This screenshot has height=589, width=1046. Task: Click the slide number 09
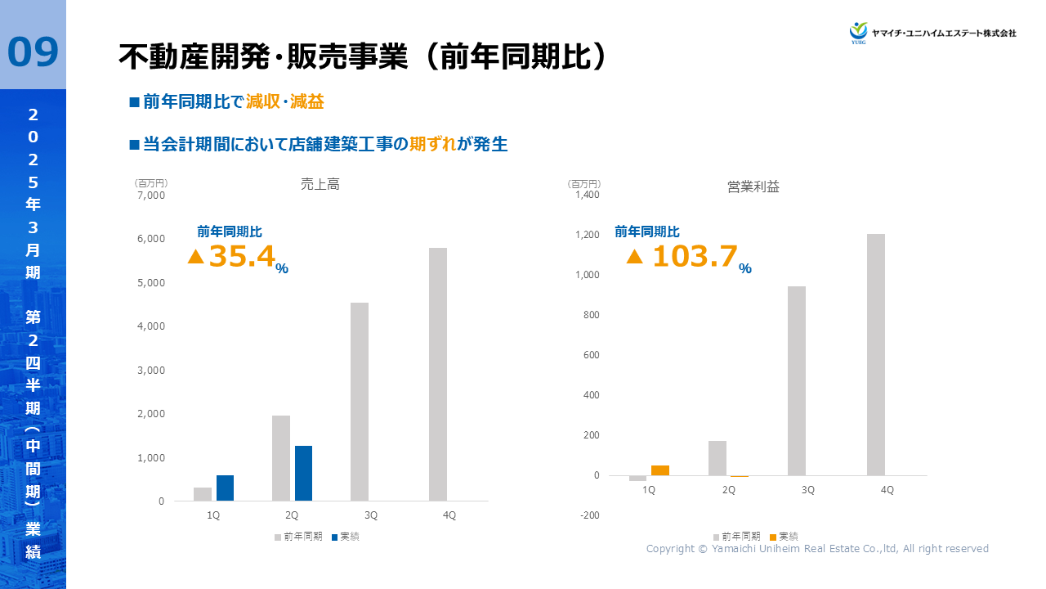point(33,52)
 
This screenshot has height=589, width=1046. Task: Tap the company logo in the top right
point(932,33)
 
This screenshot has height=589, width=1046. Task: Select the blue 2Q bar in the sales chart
point(303,473)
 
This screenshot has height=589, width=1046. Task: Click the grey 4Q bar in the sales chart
point(438,374)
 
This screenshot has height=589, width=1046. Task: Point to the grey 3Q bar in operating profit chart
point(797,380)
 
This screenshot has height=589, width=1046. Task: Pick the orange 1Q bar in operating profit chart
point(660,470)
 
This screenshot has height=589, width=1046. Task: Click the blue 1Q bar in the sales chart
point(225,488)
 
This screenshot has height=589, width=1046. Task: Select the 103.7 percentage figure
point(694,256)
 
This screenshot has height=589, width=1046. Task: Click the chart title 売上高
point(320,185)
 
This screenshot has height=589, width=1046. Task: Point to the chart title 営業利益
point(753,187)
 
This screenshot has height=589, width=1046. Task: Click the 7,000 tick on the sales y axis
point(151,196)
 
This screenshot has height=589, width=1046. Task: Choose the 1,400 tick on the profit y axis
point(587,195)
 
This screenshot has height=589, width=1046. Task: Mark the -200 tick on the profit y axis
point(588,515)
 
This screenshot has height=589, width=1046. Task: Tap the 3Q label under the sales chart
point(371,515)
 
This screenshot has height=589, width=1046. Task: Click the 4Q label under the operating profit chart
point(887,490)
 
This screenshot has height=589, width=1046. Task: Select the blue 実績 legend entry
point(346,537)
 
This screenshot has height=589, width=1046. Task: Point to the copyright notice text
point(817,549)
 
